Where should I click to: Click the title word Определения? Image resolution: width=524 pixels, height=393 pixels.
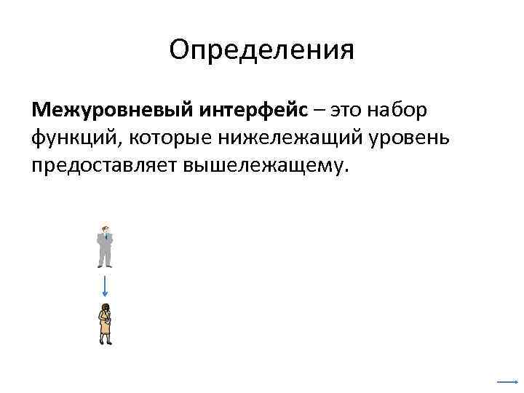tap(261, 50)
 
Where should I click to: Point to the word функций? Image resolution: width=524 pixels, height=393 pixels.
tap(70, 138)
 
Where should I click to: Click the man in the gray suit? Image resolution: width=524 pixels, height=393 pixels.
tap(106, 247)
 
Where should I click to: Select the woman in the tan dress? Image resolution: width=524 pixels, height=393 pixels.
tap(106, 324)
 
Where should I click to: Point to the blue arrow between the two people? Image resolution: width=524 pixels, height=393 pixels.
tap(106, 285)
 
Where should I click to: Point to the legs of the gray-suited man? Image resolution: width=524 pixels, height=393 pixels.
tap(106, 259)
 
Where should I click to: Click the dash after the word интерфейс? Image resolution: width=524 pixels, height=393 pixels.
tap(320, 111)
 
